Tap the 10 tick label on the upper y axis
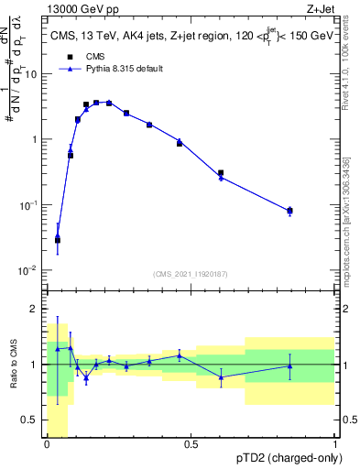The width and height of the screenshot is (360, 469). (34, 74)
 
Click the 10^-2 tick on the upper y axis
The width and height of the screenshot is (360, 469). (32, 270)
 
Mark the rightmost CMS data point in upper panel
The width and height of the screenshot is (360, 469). (289, 210)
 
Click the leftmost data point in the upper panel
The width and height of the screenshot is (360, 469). (57, 240)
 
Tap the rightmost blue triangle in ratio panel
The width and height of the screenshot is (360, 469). (289, 365)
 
